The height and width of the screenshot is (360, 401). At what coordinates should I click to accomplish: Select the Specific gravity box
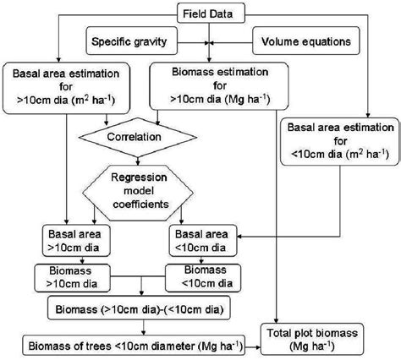point(133,39)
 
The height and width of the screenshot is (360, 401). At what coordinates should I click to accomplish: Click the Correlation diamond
point(138,134)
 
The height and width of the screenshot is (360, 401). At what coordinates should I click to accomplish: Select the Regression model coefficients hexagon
point(140,188)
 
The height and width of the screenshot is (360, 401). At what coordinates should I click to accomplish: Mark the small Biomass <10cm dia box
point(195,278)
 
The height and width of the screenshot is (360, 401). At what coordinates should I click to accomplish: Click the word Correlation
point(138,134)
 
